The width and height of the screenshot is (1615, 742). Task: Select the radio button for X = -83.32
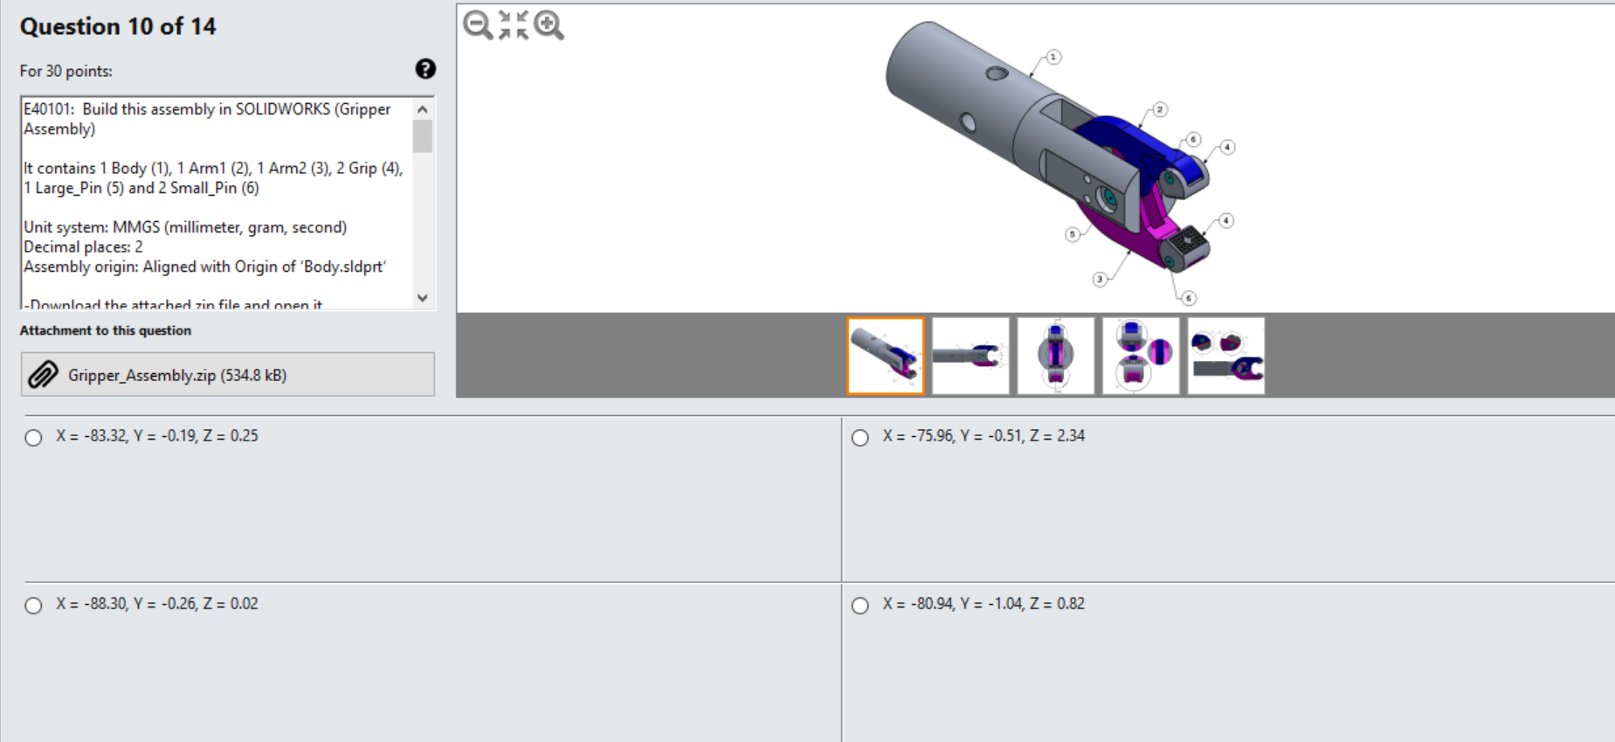click(x=33, y=438)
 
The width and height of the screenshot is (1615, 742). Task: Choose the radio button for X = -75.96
click(x=860, y=438)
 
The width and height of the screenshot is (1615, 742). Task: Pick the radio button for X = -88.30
click(x=33, y=606)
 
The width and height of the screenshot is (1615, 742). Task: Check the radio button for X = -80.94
click(x=860, y=606)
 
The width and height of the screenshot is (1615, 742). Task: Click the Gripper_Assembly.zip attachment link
click(x=177, y=375)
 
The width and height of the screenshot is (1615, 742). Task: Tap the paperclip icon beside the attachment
click(x=43, y=375)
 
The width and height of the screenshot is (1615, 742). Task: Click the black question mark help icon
click(x=425, y=69)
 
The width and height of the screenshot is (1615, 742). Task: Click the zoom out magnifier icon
click(x=478, y=24)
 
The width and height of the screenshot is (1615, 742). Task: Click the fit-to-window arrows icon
click(x=513, y=24)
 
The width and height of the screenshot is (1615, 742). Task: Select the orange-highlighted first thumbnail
click(x=885, y=356)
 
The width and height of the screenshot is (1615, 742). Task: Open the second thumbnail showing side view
click(x=970, y=356)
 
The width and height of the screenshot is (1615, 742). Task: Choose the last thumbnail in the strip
click(x=1225, y=356)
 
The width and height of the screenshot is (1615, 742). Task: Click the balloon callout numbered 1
click(x=1053, y=57)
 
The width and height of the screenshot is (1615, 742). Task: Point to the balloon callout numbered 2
click(x=1159, y=109)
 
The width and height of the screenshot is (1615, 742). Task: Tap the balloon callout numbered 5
click(x=1073, y=233)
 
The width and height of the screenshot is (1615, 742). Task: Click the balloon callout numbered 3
click(x=1100, y=279)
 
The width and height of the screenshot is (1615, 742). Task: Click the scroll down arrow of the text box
click(x=423, y=298)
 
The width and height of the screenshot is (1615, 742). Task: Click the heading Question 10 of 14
click(x=118, y=26)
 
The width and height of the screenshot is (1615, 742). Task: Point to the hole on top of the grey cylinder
click(x=997, y=73)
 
